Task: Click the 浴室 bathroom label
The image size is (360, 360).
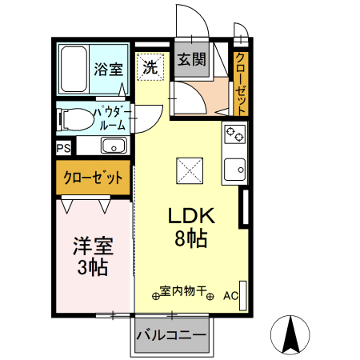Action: point(108,68)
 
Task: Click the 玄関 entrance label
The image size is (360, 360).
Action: point(190,59)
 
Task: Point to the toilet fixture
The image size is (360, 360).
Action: point(74,119)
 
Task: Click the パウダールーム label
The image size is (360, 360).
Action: point(110,119)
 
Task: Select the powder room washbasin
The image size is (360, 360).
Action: point(113,146)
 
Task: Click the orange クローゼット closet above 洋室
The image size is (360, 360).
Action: point(93,177)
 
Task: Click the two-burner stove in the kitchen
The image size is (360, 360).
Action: point(234,135)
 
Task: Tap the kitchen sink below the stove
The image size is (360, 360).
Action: point(234,170)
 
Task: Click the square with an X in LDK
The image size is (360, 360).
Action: point(189,170)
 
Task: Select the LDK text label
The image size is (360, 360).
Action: point(189,216)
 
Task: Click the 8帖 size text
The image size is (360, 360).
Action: point(190,238)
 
